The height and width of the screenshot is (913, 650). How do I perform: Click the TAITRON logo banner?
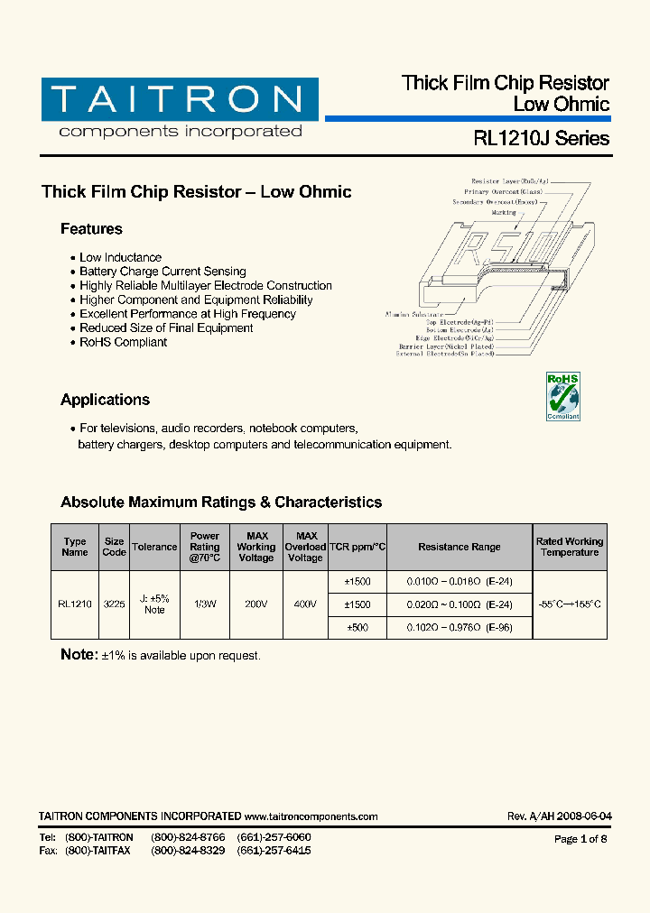tap(179, 99)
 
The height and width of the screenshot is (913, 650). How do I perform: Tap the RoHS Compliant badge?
tap(562, 396)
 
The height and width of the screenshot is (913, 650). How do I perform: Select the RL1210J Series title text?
tap(541, 139)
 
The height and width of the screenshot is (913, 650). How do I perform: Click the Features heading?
tap(91, 229)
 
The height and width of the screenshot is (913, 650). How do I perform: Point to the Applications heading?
tap(105, 400)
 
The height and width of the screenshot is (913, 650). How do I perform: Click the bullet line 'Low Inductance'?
tap(120, 258)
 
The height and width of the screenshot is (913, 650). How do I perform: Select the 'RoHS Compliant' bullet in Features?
tap(123, 343)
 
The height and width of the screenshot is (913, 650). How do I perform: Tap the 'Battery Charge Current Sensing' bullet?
tap(162, 272)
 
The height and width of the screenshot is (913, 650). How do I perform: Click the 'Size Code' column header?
tap(114, 547)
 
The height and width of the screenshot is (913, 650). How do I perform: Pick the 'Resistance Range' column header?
tap(459, 547)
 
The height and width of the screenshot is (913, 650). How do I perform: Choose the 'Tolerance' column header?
tap(154, 547)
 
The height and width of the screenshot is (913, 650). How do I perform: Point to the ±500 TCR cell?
tap(357, 627)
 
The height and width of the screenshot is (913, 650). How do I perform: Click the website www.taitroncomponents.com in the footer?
tap(311, 816)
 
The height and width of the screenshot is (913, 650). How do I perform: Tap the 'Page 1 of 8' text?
tap(580, 839)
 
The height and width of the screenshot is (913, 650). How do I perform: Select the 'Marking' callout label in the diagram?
tap(504, 213)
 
